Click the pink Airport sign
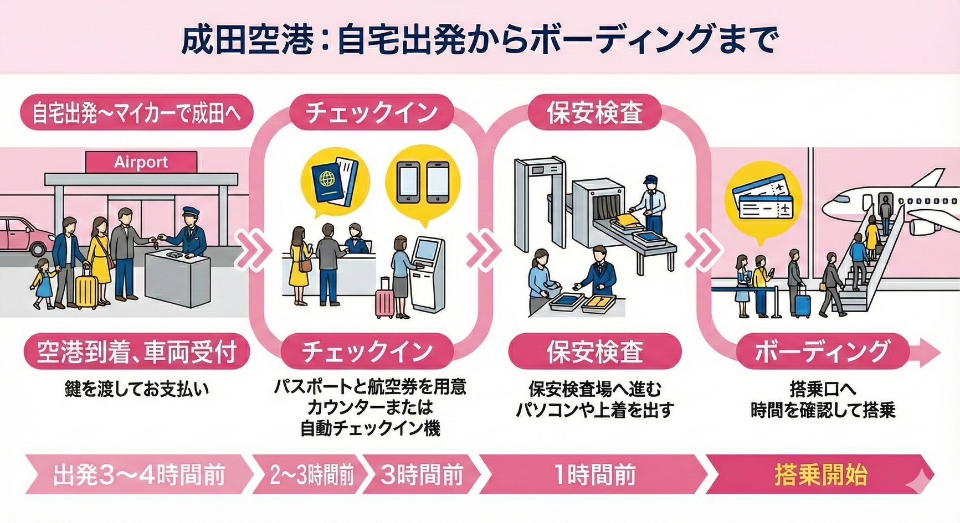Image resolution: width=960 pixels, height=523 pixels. pos(141,162)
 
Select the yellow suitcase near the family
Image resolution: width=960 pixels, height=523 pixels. pos(86,290)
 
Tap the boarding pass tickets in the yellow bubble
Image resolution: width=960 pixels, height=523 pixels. pos(763,202)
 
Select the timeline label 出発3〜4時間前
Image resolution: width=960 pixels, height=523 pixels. pos(138,475)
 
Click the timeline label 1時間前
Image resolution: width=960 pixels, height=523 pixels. pos(594,475)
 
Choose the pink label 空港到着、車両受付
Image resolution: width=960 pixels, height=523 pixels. pos(137,352)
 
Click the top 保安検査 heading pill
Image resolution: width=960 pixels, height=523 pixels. pos(594,113)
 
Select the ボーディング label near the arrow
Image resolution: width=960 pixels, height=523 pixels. pos(822,352)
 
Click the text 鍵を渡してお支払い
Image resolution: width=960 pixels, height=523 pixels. pos(137,389)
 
